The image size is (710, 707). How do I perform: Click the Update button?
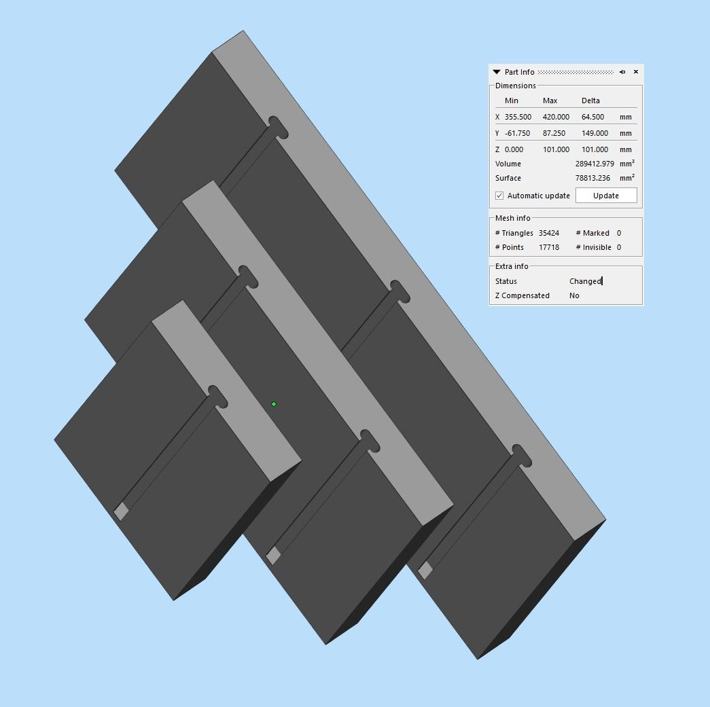(x=606, y=196)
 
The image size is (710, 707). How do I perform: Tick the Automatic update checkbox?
(x=499, y=196)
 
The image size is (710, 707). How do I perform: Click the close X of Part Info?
(x=636, y=72)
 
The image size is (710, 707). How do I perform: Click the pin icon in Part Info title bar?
(x=622, y=72)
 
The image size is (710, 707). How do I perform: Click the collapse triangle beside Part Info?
(x=497, y=72)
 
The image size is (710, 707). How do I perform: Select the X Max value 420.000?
(x=556, y=117)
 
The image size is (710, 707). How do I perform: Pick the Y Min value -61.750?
(x=517, y=133)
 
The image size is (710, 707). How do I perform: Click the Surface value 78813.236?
(x=592, y=178)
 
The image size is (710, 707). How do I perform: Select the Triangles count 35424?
(x=549, y=233)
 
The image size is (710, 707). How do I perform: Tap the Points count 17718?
(x=549, y=247)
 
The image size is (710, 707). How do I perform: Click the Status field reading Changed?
(x=585, y=281)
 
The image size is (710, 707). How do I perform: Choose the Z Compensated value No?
(x=574, y=295)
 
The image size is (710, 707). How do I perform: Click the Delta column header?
(x=590, y=101)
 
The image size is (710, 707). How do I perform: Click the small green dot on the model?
(x=274, y=404)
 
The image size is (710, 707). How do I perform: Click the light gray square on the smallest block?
(x=121, y=511)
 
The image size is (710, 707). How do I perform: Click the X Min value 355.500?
(x=518, y=117)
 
